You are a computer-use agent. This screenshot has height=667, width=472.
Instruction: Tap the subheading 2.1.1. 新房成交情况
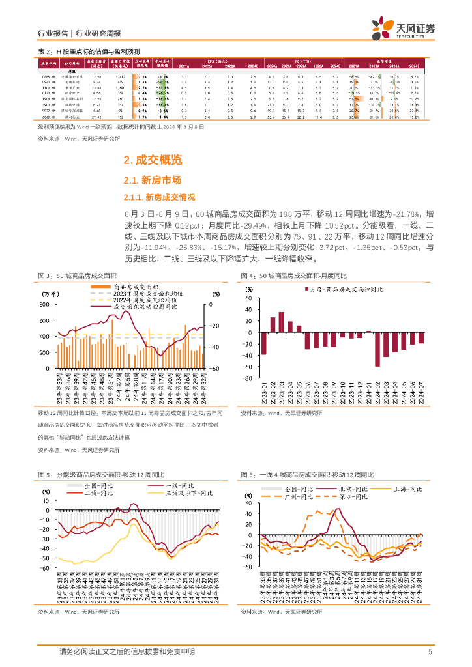click(x=160, y=197)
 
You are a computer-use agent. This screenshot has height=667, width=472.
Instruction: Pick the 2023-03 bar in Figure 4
click(x=282, y=322)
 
